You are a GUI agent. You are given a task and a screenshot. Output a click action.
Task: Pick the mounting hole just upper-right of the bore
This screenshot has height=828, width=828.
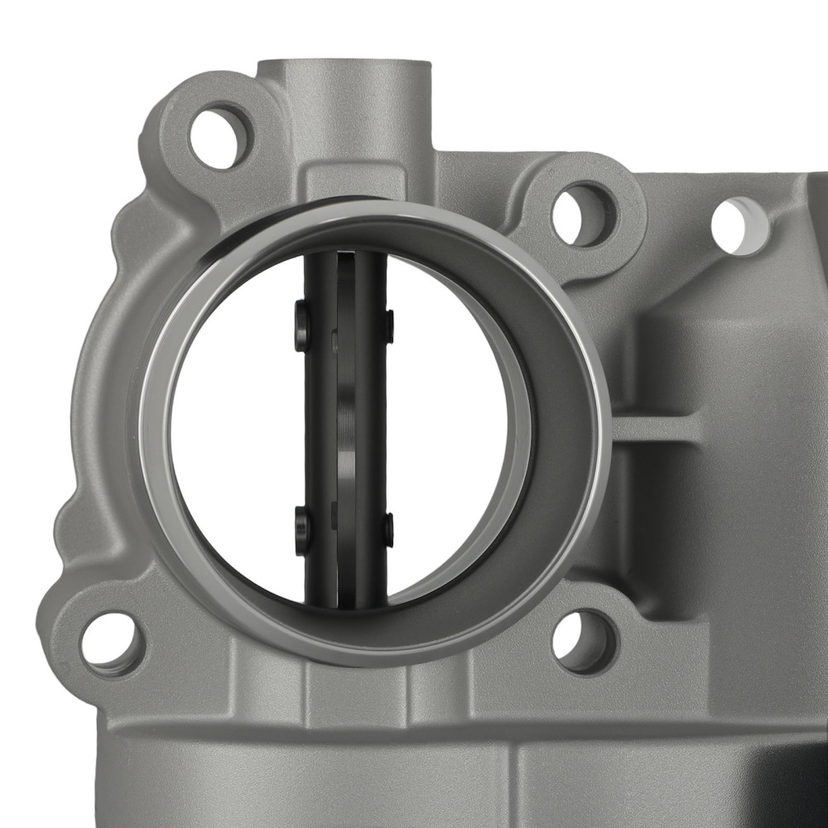pos(585,214)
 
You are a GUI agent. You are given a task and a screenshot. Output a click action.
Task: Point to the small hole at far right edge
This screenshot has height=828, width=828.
pos(739,226)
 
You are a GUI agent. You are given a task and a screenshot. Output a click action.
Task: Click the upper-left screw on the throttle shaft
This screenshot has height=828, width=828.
pos(301,326)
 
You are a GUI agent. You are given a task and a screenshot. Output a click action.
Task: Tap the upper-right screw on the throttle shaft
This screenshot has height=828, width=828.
pos(388,325)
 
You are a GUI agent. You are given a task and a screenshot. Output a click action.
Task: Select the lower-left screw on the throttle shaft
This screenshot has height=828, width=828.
pos(302,531)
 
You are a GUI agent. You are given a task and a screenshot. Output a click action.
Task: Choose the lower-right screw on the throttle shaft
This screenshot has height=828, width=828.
pos(388,530)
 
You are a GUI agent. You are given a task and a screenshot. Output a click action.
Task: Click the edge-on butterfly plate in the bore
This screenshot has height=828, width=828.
pos(346,431)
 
